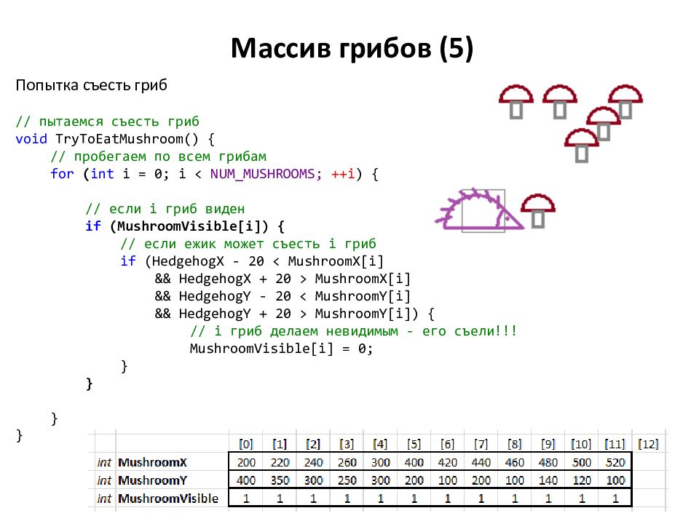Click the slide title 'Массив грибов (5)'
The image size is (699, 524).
tap(352, 48)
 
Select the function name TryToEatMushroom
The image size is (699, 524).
tap(119, 139)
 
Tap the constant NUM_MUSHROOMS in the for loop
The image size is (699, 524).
tap(263, 174)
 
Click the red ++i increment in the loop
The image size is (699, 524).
tap(343, 174)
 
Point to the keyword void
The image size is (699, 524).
tap(31, 139)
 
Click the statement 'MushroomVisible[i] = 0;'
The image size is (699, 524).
tap(281, 349)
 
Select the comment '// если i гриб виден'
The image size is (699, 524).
tap(165, 209)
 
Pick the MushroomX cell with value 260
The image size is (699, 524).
tap(347, 463)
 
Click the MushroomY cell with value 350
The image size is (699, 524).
tap(280, 480)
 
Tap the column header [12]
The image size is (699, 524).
tap(648, 444)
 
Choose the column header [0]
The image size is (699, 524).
tap(245, 444)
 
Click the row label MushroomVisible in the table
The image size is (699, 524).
tap(168, 499)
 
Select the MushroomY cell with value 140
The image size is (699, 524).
tap(548, 480)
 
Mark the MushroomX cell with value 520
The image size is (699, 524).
tap(615, 463)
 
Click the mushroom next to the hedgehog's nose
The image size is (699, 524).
tap(538, 211)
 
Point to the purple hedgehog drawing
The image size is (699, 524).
tap(479, 210)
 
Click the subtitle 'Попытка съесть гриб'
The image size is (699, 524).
tap(92, 84)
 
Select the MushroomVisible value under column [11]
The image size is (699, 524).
tap(615, 498)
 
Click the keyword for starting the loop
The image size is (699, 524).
tap(62, 174)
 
